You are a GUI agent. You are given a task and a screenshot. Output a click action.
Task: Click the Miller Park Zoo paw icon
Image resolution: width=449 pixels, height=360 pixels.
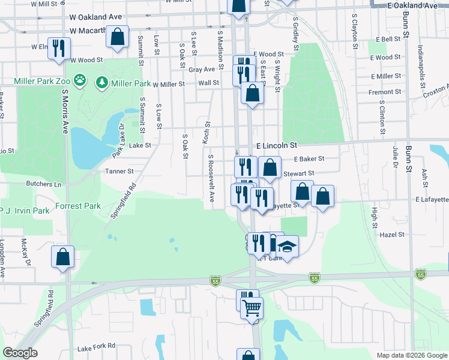(80, 80)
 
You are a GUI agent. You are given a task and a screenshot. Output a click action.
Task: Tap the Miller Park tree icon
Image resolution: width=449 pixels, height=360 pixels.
(102, 81)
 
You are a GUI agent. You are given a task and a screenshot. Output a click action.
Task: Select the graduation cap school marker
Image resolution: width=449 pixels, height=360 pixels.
(288, 247)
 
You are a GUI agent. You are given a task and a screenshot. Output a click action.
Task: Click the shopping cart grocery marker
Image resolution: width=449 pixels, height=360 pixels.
(252, 307)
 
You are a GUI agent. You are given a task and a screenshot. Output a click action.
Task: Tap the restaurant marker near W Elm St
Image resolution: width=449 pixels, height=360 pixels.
(59, 48)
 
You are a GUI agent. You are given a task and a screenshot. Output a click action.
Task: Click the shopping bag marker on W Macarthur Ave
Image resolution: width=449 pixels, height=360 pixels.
(117, 36)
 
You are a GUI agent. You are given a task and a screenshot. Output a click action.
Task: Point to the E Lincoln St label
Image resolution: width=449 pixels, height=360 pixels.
(277, 146)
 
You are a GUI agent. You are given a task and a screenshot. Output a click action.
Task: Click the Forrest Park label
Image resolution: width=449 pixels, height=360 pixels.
(78, 206)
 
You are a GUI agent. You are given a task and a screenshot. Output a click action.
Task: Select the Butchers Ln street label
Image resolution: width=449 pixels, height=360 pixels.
(43, 184)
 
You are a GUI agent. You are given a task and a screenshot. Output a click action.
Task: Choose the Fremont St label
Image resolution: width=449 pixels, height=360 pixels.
(385, 92)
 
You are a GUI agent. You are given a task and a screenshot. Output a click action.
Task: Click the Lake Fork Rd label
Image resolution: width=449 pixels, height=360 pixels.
(96, 347)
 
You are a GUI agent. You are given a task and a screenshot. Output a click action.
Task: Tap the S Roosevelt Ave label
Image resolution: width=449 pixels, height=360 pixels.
(211, 179)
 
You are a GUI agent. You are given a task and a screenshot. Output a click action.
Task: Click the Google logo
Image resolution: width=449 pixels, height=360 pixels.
(20, 353)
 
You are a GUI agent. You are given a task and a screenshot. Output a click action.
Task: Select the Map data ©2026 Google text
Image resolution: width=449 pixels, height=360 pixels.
(411, 355)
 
